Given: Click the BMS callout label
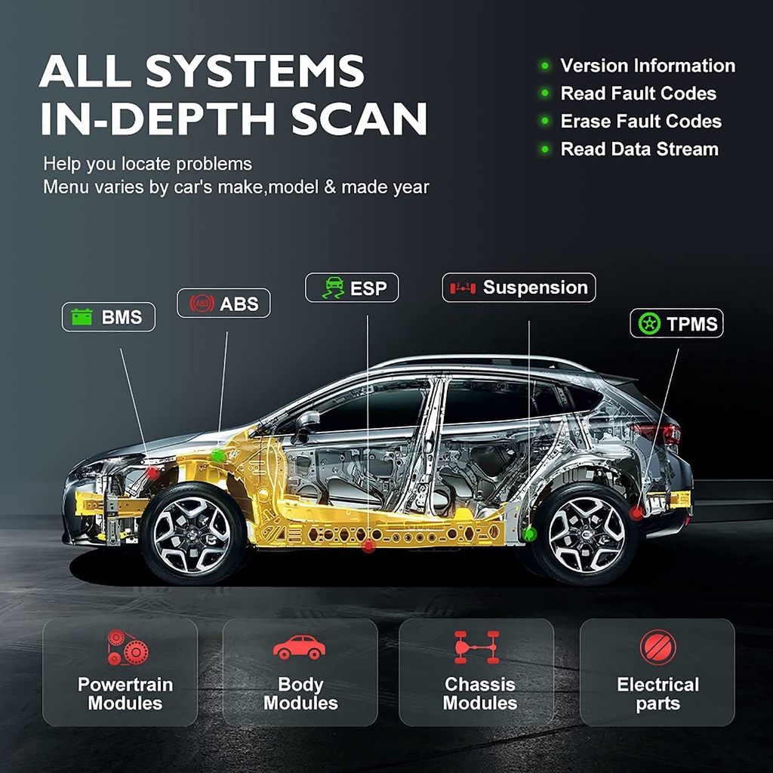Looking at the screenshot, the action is [108, 317].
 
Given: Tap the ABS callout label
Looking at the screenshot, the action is [223, 303].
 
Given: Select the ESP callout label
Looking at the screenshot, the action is [352, 288].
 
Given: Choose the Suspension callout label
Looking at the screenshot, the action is [519, 288].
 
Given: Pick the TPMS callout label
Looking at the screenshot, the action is [676, 324].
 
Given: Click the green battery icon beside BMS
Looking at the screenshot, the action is [82, 317].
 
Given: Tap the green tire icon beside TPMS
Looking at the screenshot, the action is [648, 324].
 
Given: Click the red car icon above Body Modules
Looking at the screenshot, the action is [299, 647].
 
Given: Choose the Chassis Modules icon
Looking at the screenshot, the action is [476, 647].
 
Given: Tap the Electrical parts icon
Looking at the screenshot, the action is [658, 647].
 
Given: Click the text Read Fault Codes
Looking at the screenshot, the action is [638, 94].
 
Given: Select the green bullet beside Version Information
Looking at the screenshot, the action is [544, 66].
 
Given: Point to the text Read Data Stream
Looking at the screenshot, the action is [639, 149].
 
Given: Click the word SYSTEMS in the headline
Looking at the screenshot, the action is [255, 72].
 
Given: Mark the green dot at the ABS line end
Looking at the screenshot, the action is [218, 455].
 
